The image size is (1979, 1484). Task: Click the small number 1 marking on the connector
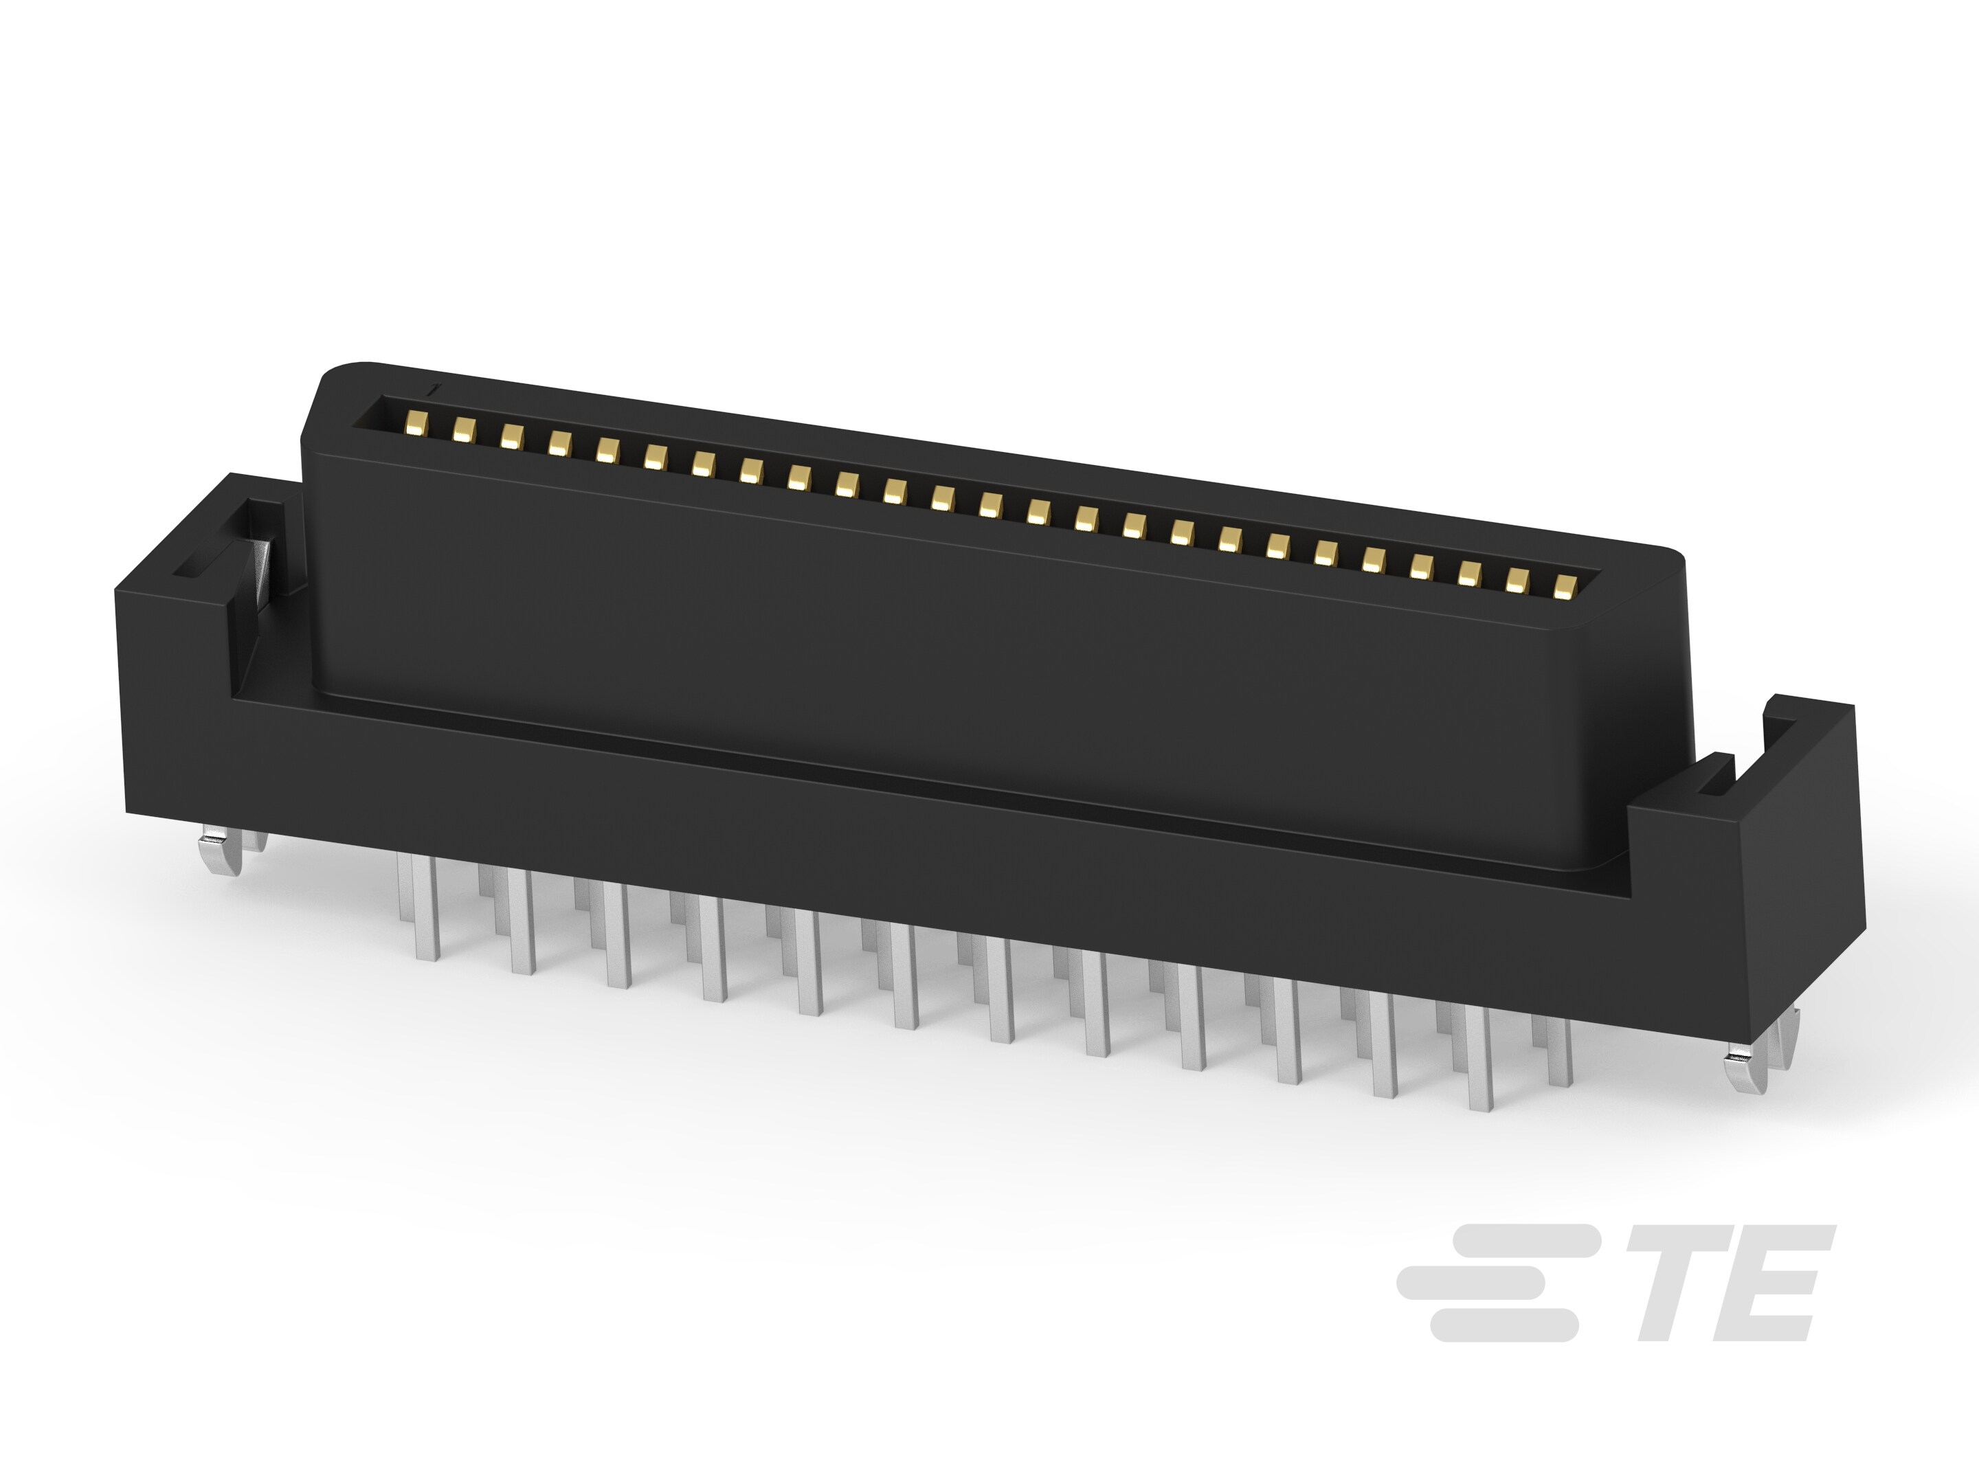click(x=434, y=390)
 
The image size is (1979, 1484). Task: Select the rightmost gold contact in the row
click(x=1564, y=587)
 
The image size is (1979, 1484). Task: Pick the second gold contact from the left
click(x=463, y=430)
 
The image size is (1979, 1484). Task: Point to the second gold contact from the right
click(x=1516, y=581)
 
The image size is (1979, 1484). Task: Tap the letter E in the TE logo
click(x=1774, y=1283)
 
